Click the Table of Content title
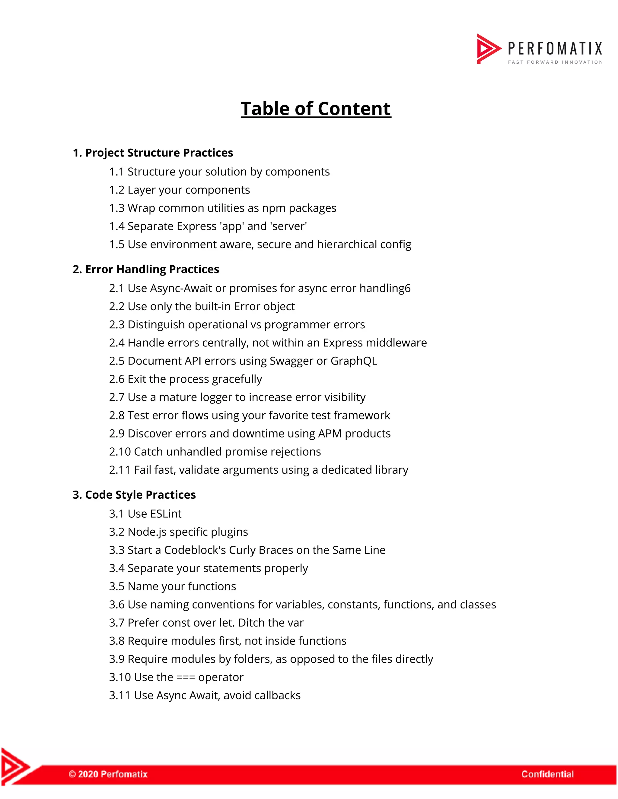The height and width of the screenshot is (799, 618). (316, 109)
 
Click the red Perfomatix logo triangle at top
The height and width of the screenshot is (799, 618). (487, 49)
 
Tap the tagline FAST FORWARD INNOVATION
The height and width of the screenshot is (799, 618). (555, 62)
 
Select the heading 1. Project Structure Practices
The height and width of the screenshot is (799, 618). (153, 153)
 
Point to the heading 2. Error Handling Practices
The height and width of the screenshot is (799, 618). (146, 269)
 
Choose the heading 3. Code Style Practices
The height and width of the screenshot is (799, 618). (134, 494)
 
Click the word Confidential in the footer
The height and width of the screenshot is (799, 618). (547, 774)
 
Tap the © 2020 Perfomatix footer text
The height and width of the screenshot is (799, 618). (108, 774)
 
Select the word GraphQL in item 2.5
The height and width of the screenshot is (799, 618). (353, 361)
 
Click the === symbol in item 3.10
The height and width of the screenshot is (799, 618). (186, 677)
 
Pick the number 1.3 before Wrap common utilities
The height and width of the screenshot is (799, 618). (117, 208)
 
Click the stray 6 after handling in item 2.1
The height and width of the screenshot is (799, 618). (407, 289)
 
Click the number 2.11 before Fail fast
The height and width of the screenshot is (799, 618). (120, 470)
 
